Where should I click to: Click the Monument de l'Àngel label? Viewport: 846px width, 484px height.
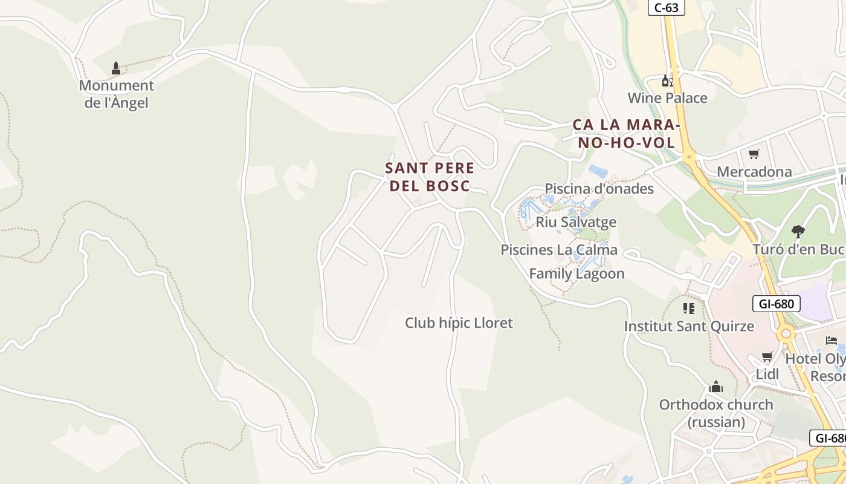tap(117, 94)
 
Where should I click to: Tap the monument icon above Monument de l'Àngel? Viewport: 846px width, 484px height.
tap(116, 68)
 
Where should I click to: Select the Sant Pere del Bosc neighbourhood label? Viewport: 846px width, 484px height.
tap(430, 177)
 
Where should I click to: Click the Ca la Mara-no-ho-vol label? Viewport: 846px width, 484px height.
tap(627, 134)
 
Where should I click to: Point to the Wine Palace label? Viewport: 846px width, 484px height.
tap(667, 98)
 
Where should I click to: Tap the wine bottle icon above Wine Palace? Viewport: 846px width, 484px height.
tap(667, 80)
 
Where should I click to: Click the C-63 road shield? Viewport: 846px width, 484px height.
tap(667, 8)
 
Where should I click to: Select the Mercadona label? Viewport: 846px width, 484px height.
tap(754, 172)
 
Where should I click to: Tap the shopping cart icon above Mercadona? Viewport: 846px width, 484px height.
tap(754, 154)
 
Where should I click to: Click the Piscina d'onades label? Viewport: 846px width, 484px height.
tap(599, 189)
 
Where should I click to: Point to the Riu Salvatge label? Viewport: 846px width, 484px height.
tap(576, 222)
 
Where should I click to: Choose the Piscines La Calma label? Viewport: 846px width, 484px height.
tap(559, 250)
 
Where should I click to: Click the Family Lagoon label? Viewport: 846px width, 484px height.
tap(576, 273)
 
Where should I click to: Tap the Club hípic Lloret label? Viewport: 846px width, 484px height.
tap(459, 323)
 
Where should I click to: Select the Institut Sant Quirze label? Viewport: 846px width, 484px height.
tap(689, 327)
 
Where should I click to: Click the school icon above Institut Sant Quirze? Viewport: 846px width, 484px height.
tap(688, 309)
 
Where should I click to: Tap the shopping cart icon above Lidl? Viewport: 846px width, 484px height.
tap(767, 357)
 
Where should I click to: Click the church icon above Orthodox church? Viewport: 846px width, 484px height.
tap(716, 387)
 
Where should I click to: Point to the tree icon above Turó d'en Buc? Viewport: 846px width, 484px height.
tap(798, 231)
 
